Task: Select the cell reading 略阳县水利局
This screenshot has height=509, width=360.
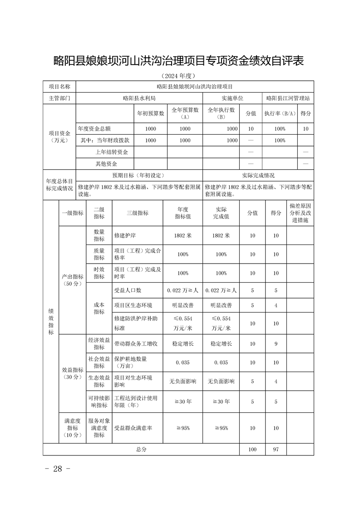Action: click(x=139, y=98)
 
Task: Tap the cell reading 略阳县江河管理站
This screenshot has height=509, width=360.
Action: click(x=288, y=98)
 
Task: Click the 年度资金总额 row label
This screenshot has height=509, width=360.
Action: click(x=94, y=129)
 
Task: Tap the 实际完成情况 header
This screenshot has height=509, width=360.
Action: click(x=258, y=175)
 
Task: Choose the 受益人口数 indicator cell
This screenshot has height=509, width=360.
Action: click(x=128, y=290)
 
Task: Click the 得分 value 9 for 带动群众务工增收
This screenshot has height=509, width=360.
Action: click(x=276, y=344)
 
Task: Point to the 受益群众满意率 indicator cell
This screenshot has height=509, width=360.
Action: click(x=133, y=428)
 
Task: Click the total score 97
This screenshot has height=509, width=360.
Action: click(x=276, y=449)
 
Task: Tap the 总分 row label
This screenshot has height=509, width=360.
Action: click(x=141, y=449)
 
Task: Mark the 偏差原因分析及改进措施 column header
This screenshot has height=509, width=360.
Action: click(x=300, y=213)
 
